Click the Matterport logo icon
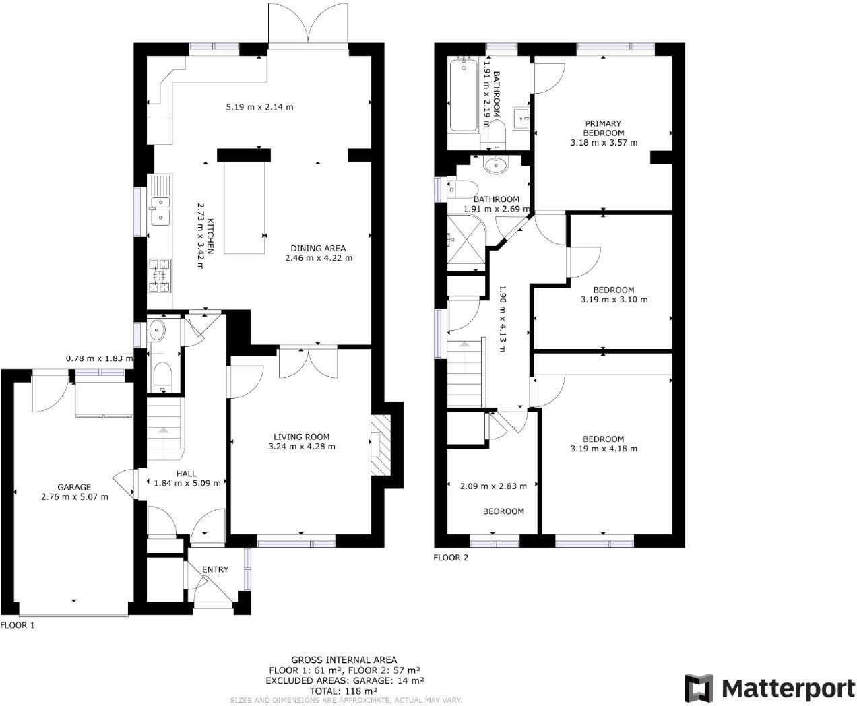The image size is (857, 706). (699, 688)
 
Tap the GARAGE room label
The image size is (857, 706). (74, 487)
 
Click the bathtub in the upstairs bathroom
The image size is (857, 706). (462, 94)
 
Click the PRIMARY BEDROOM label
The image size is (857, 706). (604, 128)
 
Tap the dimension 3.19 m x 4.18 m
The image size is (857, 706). (604, 449)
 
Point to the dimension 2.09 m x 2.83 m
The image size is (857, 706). (493, 486)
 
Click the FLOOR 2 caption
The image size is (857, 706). (450, 557)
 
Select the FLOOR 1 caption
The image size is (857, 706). (17, 625)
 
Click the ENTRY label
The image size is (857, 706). (215, 569)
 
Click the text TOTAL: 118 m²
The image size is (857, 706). (344, 691)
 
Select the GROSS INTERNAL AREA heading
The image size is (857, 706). (344, 660)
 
